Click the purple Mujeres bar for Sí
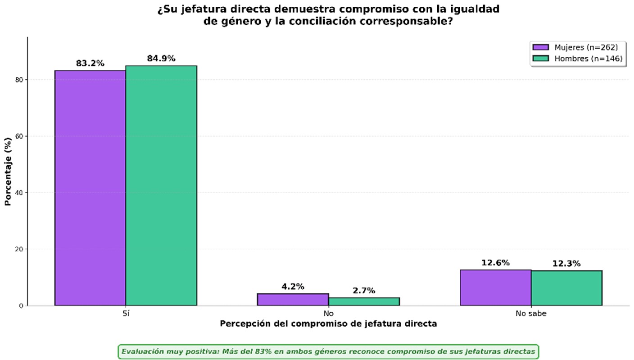[x=90, y=188]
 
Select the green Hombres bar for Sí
[x=161, y=186]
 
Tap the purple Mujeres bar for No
[x=293, y=300]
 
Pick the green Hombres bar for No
[x=364, y=301]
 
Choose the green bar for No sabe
[x=566, y=288]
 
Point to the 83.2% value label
[x=90, y=64]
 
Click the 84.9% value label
[x=161, y=58]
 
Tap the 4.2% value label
[x=293, y=287]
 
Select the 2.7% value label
[x=364, y=291]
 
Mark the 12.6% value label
[x=496, y=263]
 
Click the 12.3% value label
[x=566, y=264]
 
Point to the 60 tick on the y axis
[x=19, y=136]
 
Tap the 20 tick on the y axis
[x=19, y=249]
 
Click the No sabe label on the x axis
[x=531, y=314]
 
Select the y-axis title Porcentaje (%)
[x=8, y=171]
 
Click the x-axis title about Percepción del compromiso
[x=328, y=324]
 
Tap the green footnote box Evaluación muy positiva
[x=328, y=351]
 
